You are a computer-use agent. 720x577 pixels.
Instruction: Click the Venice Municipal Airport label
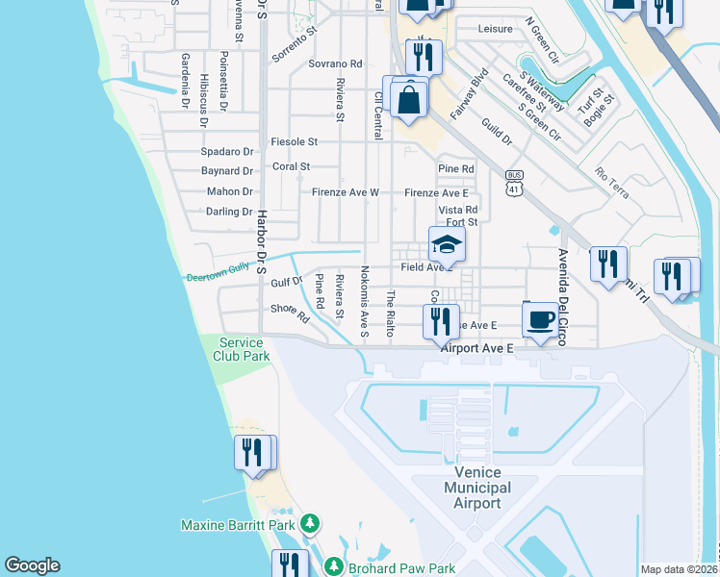[477, 488]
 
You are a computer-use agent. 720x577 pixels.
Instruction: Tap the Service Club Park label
[243, 349]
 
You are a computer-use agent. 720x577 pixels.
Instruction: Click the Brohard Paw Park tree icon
[333, 565]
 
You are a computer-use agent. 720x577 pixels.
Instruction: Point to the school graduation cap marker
[447, 244]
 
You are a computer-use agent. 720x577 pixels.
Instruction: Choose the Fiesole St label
[294, 141]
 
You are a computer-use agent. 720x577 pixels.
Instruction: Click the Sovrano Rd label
[335, 63]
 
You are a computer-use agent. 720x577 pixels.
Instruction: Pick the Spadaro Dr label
[226, 152]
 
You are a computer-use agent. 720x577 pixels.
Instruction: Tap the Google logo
[32, 565]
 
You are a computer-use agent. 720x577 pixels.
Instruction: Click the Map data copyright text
[679, 569]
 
